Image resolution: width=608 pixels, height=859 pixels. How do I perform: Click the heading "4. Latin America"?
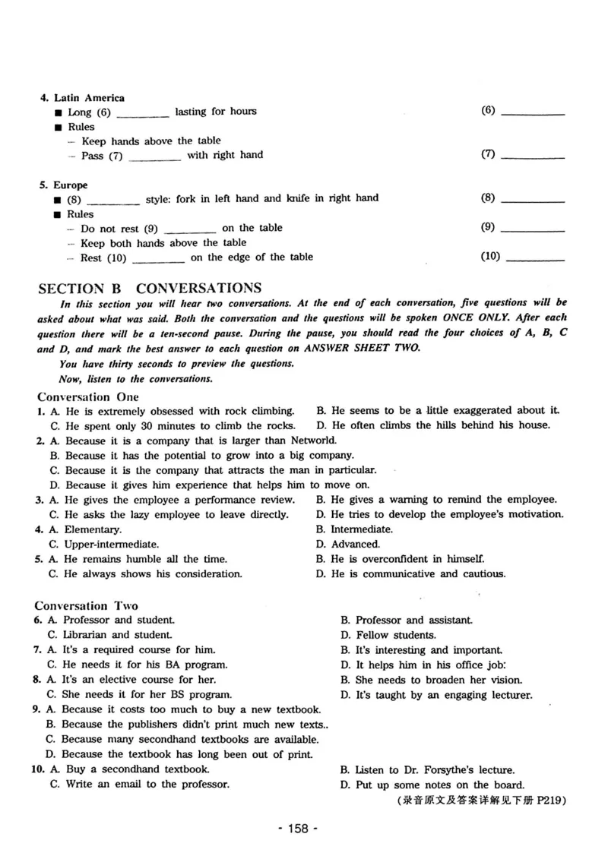[x=83, y=98]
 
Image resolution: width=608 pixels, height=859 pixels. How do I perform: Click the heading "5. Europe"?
[x=65, y=185]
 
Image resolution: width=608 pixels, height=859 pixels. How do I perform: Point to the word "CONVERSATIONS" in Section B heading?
[x=199, y=289]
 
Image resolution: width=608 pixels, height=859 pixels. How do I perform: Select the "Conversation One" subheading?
[x=88, y=397]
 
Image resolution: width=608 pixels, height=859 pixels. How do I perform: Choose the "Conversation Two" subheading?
[x=87, y=605]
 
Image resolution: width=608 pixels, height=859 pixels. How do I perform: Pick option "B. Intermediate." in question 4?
[x=355, y=529]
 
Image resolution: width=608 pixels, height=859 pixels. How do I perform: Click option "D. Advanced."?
[x=347, y=544]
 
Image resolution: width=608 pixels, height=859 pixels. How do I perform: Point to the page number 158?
[x=299, y=829]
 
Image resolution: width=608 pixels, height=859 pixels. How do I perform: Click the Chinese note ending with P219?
[x=482, y=801]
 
